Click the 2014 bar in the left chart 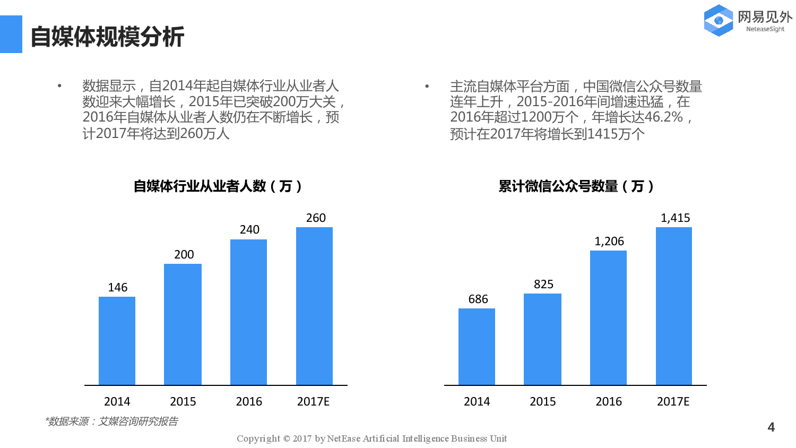point(117,341)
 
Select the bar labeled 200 point(183,324)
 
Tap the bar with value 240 point(248,312)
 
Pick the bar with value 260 point(314,306)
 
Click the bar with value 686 point(477,347)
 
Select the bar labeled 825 point(542,339)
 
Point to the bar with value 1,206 point(608,317)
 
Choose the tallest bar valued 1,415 point(674,306)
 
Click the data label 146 point(117,288)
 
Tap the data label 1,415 point(675,218)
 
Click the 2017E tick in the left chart point(313,402)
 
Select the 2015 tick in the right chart point(542,402)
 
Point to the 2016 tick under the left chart point(249,402)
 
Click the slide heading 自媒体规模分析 point(107,37)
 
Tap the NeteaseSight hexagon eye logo point(719,21)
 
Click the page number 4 point(771,427)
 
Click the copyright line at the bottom point(371,438)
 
